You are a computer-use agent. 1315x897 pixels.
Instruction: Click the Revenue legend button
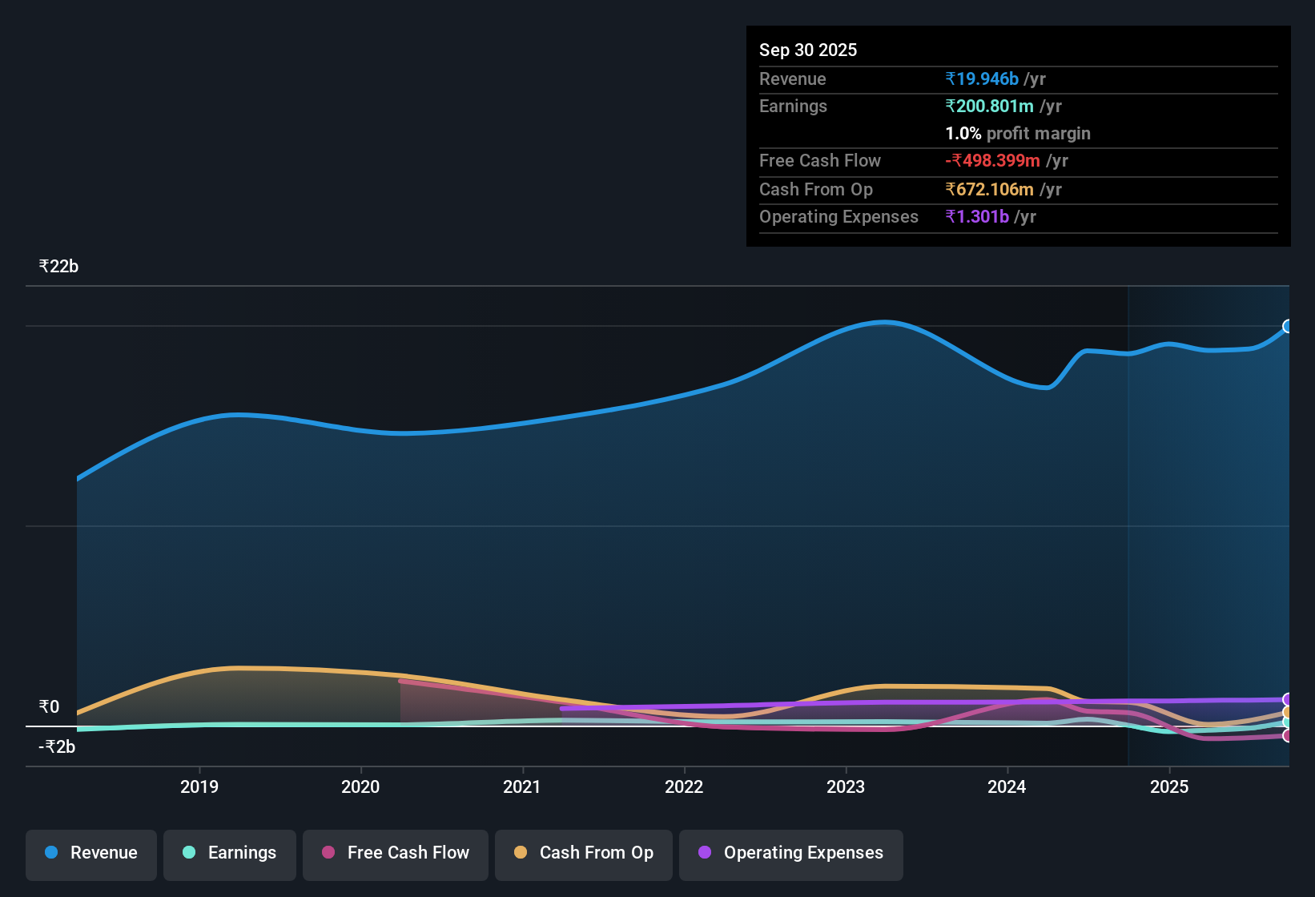91,854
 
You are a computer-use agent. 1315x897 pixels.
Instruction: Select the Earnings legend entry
230,854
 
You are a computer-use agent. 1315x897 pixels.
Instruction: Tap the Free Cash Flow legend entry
396,854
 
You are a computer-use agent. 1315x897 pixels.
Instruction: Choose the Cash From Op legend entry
584,854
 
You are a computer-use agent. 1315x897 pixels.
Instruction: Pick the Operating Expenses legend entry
791,854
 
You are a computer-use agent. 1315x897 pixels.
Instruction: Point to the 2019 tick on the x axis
199,786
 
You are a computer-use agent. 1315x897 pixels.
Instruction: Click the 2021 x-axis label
522,786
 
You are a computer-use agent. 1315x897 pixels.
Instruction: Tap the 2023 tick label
846,786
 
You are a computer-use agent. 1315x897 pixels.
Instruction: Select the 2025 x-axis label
1169,786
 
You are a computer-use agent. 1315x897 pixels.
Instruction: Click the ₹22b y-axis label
58,267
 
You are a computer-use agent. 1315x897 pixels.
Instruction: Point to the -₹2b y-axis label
57,747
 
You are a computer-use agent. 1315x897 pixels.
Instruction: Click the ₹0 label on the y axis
49,707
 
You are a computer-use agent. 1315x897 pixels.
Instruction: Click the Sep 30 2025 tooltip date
807,50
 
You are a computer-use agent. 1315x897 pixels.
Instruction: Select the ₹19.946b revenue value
982,79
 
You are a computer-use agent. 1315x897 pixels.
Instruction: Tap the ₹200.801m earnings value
989,107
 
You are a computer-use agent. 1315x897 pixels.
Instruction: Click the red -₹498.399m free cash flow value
992,161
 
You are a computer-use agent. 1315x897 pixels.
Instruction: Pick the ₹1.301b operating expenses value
977,217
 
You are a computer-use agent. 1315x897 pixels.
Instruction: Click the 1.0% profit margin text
1018,134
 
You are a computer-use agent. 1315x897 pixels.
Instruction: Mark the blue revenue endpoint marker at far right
1288,326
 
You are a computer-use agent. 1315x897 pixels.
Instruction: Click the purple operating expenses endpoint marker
1288,699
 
